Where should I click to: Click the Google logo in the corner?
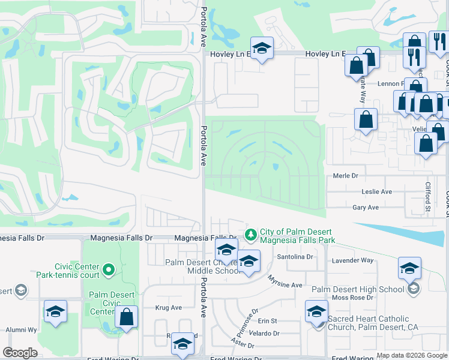[20, 353]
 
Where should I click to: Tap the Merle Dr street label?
[345, 176]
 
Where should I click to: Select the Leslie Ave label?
[376, 191]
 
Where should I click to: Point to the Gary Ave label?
[366, 208]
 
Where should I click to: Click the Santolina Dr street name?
[295, 257]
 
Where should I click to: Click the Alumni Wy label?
[22, 330]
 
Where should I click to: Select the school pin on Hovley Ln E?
[262, 48]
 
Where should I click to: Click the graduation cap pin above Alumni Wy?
[55, 311]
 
